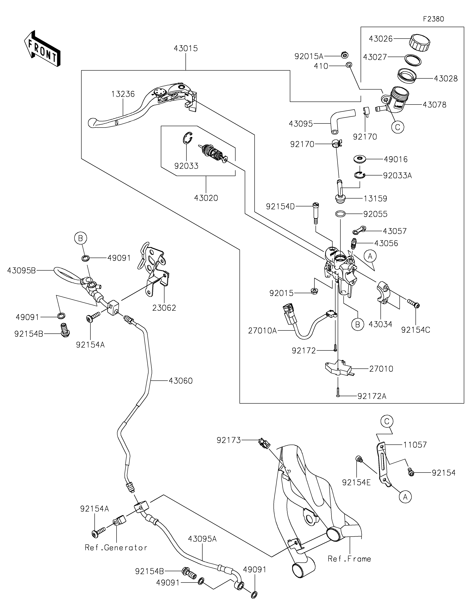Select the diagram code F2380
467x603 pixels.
pyautogui.click(x=433, y=19)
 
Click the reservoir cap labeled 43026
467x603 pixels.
pyautogui.click(x=420, y=43)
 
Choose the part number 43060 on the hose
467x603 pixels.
pyautogui.click(x=181, y=381)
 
